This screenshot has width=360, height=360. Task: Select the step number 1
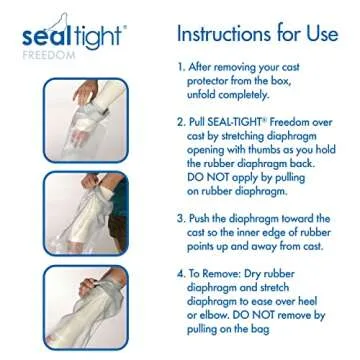180,70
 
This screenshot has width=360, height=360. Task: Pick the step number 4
180,271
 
